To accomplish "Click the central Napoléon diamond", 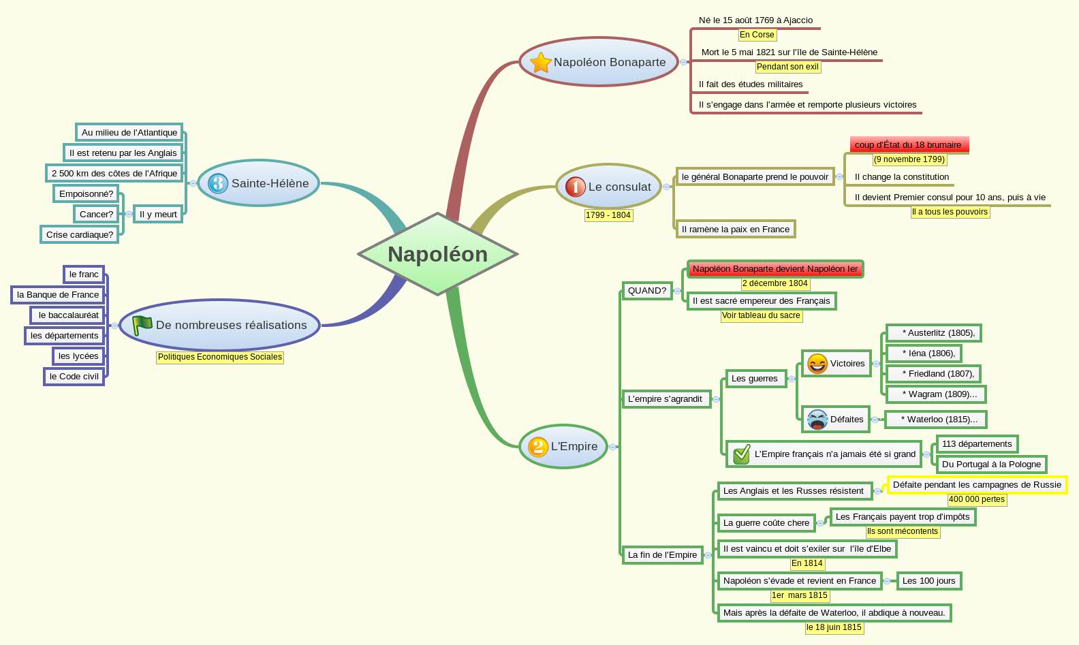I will tap(437, 254).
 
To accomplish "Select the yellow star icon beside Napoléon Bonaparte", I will tap(540, 62).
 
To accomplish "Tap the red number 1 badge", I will tap(576, 187).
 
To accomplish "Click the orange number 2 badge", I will tap(538, 447).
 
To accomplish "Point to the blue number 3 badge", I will tap(218, 183).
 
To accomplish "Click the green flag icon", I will tap(142, 326).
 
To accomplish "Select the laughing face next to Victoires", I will tap(817, 364).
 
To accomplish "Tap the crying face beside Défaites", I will tap(817, 420).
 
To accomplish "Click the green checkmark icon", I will tap(741, 454).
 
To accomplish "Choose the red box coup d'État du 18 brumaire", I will tap(909, 145).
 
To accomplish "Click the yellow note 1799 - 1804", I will tap(608, 215).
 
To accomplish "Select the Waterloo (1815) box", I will tap(936, 420).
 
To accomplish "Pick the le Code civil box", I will tap(74, 377).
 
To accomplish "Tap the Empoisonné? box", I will tap(86, 194).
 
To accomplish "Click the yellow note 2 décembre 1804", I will tap(775, 283).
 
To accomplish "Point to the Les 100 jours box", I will tap(928, 581).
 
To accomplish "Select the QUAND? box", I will tap(646, 291).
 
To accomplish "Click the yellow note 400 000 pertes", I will tap(976, 499).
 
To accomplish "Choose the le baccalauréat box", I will tap(68, 315).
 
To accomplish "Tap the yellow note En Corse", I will tap(757, 35).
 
